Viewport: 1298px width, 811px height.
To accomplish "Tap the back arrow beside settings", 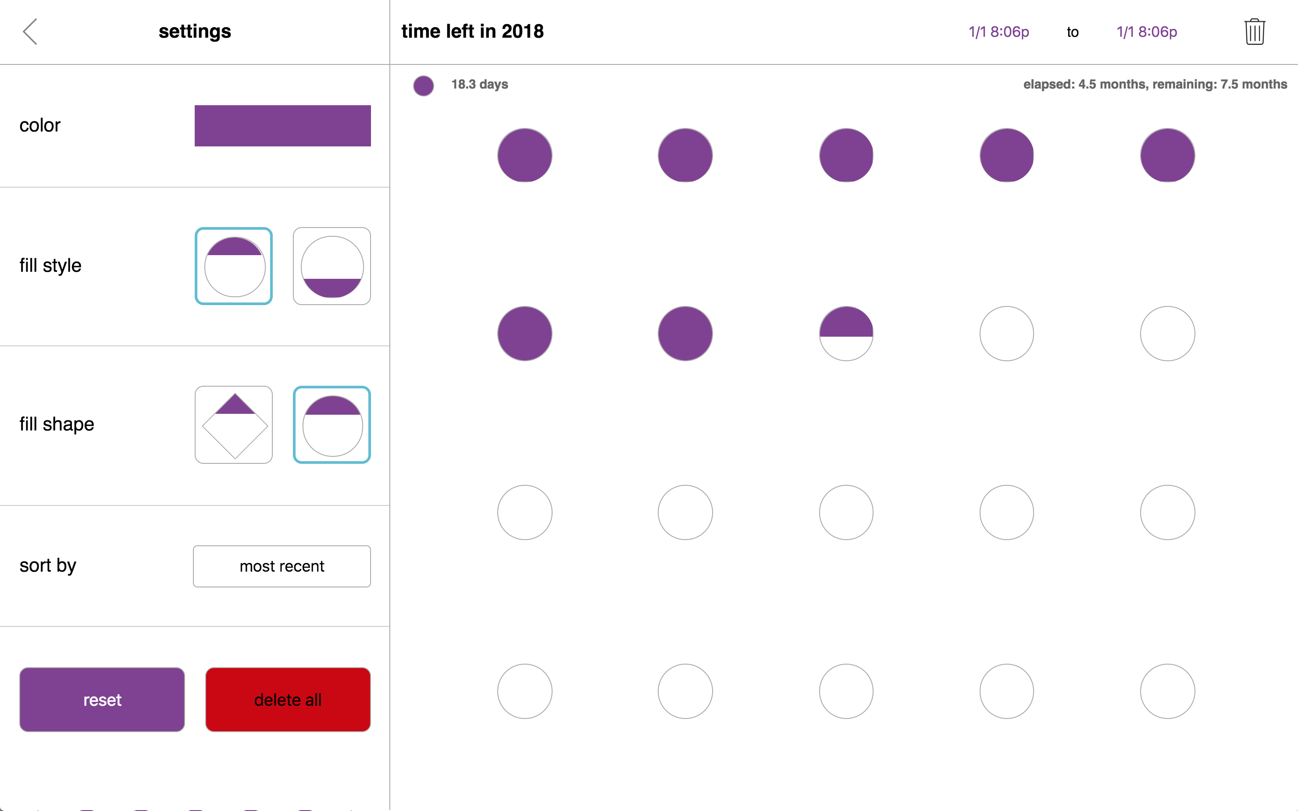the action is pos(30,32).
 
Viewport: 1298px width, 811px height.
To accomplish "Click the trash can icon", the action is pos(1255,32).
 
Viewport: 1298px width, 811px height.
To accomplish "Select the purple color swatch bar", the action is pos(283,125).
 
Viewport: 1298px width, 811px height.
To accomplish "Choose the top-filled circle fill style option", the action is pos(234,266).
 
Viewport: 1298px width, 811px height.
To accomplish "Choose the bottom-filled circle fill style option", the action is pos(332,266).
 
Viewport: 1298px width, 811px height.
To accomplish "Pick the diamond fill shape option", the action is pos(234,425).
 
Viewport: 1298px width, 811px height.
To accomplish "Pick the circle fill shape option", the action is pos(332,425).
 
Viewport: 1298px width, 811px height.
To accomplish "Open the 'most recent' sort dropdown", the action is pos(282,566).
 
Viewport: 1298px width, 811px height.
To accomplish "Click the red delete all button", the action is pos(288,700).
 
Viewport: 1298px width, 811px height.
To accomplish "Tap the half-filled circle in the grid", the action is pos(846,334).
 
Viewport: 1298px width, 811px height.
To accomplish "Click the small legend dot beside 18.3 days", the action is pos(423,86).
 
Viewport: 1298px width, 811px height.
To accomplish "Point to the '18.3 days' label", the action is pos(479,84).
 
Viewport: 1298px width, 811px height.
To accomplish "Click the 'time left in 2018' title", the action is pos(473,31).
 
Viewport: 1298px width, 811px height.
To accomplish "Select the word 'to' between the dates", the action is pos(1073,32).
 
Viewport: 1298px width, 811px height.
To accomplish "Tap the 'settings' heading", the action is pos(195,32).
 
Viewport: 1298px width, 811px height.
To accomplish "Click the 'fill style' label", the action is pos(50,266).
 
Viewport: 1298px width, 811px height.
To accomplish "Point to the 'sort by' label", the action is pos(48,566).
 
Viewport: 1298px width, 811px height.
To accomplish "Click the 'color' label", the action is pos(40,125).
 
